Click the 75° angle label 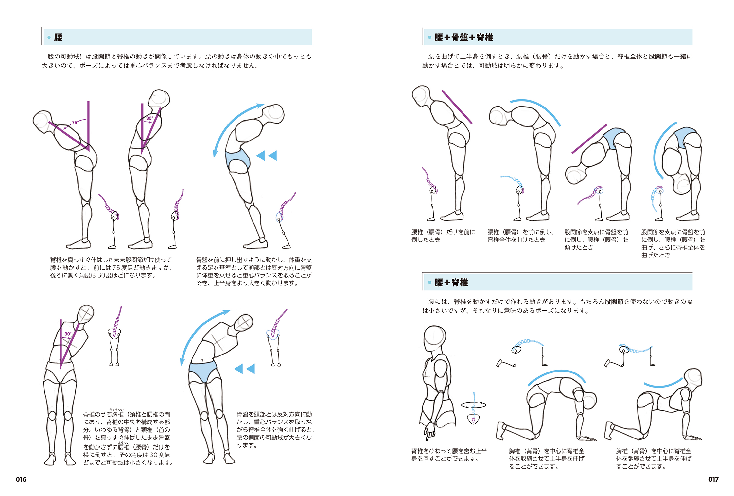pos(75,122)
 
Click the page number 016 pos(21,479)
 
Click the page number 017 pos(713,479)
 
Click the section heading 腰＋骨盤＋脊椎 pos(463,37)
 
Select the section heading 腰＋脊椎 pos(451,282)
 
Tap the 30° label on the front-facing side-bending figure pos(68,334)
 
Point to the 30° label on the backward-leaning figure pos(149,118)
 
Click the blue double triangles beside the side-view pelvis pos(267,156)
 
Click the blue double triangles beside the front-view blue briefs pos(245,369)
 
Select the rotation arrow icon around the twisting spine pos(474,405)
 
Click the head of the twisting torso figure pos(435,338)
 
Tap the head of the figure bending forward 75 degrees pos(43,122)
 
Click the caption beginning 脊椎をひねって pos(449,455)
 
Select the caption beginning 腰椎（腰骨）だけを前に pos(443,236)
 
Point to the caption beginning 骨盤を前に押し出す pos(254,271)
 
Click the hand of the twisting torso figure pos(429,432)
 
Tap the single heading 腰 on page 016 pos(58,37)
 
